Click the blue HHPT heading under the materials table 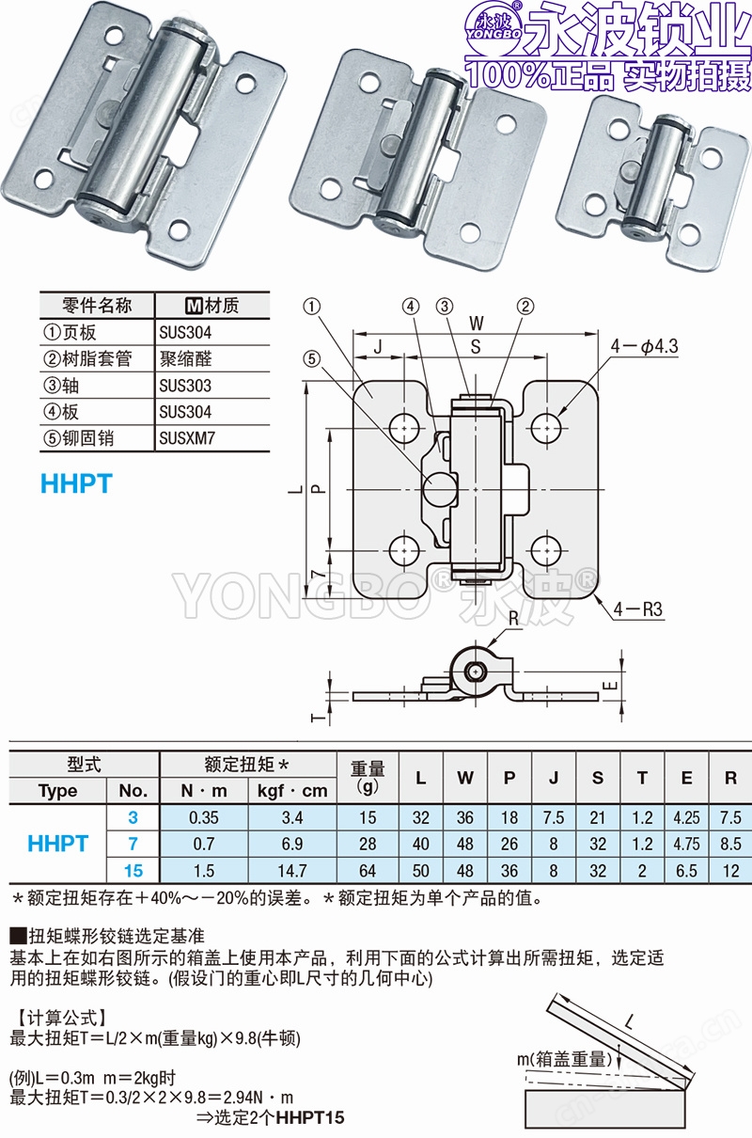tap(76, 483)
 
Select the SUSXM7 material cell tap(185, 437)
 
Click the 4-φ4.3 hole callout tap(644, 346)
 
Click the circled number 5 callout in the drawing tap(312, 357)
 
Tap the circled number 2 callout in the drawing tap(525, 306)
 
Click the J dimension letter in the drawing tap(378, 346)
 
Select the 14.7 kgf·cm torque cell tap(292, 871)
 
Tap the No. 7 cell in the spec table tap(133, 845)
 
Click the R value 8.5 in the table tap(731, 845)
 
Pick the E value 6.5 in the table tap(687, 871)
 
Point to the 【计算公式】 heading tap(58, 1018)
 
